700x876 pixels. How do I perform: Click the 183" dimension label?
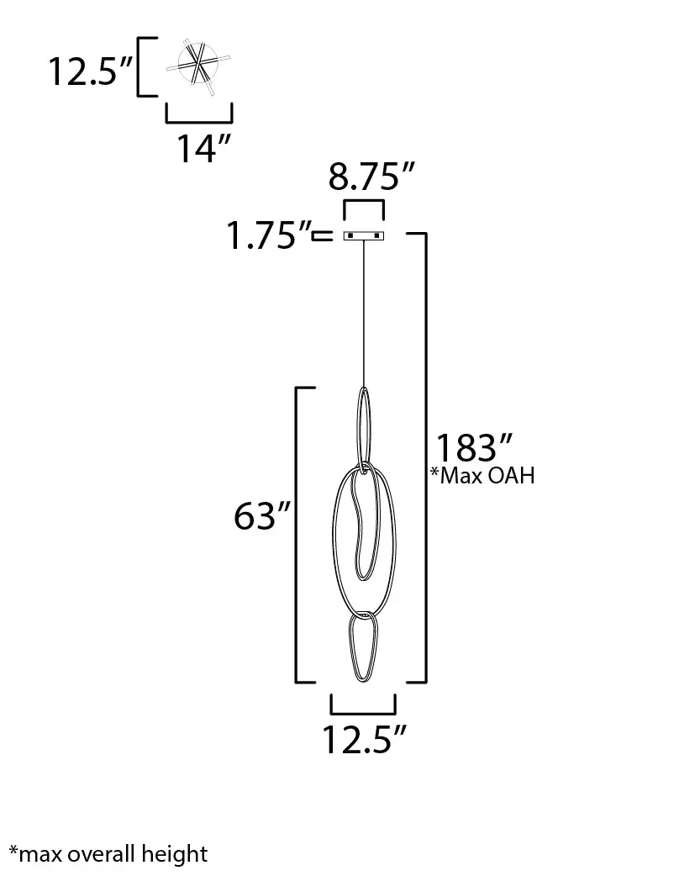click(474, 447)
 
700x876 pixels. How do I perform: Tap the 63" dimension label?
click(262, 515)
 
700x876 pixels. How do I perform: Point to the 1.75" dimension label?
click(269, 235)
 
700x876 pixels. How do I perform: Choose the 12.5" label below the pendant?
click(364, 740)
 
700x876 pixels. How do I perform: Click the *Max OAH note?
click(482, 476)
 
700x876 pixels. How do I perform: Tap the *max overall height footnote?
click(108, 854)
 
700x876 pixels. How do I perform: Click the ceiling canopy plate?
click(364, 235)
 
